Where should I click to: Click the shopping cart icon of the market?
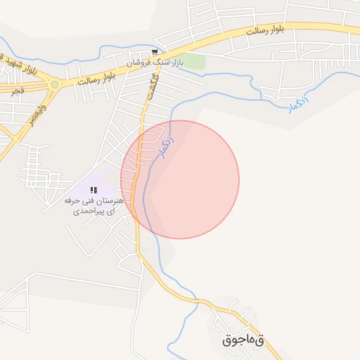[155, 53]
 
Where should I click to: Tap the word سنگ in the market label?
[161, 63]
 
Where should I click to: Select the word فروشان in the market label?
[140, 63]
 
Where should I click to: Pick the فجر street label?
[18, 91]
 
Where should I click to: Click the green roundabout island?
[54, 84]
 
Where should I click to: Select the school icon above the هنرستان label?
[94, 190]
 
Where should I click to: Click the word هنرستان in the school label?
[109, 201]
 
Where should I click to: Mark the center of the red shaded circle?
[180, 179]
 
